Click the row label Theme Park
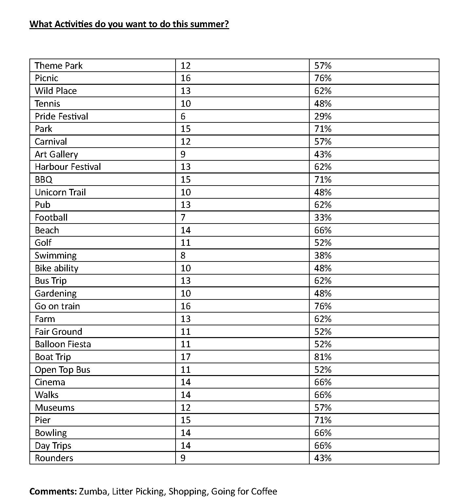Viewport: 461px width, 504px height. (59, 66)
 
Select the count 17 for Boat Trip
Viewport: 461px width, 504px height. (185, 357)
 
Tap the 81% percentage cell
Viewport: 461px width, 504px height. (323, 357)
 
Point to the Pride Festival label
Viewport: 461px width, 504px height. (61, 117)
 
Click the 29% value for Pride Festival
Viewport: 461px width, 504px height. (323, 117)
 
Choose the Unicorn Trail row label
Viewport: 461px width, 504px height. (60, 192)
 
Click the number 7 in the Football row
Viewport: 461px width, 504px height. (183, 218)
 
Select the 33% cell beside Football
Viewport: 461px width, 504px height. (323, 218)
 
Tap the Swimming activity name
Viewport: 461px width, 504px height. (56, 256)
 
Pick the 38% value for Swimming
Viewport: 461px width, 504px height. (323, 256)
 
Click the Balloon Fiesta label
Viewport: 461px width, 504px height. (63, 344)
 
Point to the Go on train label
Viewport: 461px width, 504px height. (57, 306)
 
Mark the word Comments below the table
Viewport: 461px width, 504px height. (53, 492)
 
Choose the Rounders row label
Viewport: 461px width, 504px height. (54, 458)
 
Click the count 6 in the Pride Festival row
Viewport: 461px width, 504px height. (183, 117)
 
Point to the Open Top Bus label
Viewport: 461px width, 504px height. (62, 370)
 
